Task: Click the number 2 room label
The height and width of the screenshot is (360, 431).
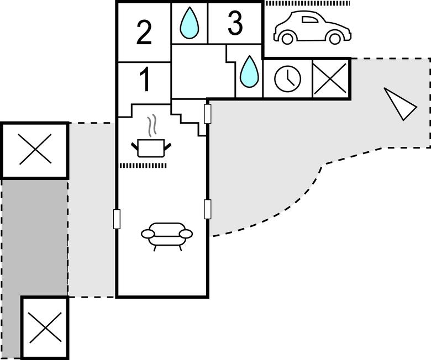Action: [144, 34]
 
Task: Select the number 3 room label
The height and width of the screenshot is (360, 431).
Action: [235, 24]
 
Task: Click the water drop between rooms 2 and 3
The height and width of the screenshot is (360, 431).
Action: [190, 23]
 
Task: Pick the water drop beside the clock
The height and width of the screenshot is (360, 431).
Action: [249, 72]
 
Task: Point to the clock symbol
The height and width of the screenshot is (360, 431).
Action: [287, 79]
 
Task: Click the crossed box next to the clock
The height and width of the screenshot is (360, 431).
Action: [331, 79]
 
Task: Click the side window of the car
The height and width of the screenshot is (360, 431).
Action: [309, 20]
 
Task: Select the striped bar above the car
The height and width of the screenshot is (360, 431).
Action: [307, 3]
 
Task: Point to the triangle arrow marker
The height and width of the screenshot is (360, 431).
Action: [399, 104]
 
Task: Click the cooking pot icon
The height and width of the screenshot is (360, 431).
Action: [151, 147]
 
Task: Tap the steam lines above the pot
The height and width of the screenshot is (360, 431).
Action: [151, 125]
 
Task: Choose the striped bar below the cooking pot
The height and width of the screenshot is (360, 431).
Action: [143, 165]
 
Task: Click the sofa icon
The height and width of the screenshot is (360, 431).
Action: [167, 235]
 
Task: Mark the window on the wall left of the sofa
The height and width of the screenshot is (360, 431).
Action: [117, 219]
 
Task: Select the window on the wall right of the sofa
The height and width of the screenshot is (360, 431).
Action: [208, 209]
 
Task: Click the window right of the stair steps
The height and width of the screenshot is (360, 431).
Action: [208, 114]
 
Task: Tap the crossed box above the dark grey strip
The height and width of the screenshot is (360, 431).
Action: [35, 150]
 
